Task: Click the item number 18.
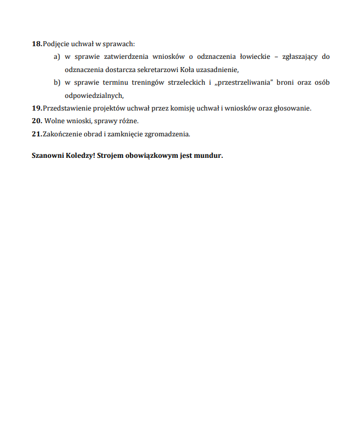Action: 36,43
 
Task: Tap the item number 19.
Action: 36,108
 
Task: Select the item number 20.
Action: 36,120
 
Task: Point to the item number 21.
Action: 36,134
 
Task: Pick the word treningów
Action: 161,82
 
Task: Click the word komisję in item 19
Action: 183,108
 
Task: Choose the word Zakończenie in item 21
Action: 62,134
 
